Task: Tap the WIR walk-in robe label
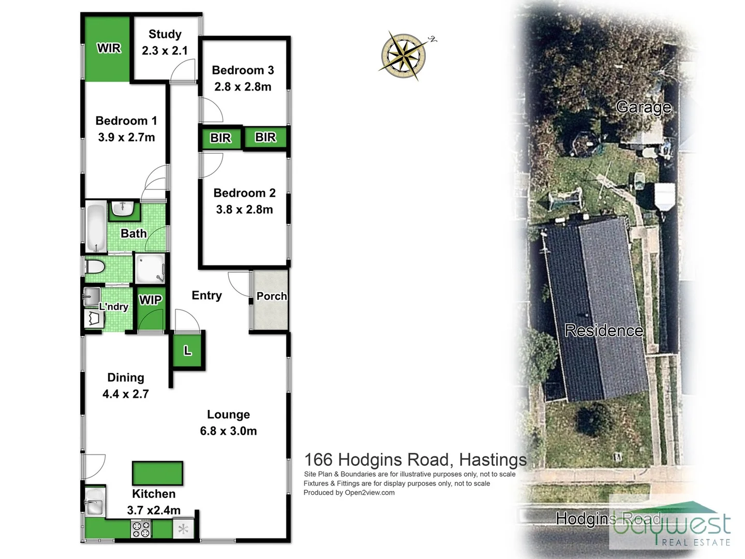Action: [109, 48]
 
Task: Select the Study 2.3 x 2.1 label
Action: [165, 42]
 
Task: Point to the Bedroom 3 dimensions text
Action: [243, 87]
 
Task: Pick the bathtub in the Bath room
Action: [96, 227]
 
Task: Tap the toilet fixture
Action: [95, 268]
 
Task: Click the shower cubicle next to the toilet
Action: [151, 268]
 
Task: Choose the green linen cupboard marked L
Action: [188, 351]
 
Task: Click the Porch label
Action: [271, 296]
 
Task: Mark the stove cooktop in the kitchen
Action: [141, 529]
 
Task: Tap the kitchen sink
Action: [95, 502]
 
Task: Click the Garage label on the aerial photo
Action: [644, 107]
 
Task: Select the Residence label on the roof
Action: [604, 330]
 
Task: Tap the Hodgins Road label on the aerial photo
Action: [608, 519]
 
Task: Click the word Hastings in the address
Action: [493, 460]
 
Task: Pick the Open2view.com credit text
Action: [369, 493]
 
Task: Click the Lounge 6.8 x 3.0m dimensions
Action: [228, 431]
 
